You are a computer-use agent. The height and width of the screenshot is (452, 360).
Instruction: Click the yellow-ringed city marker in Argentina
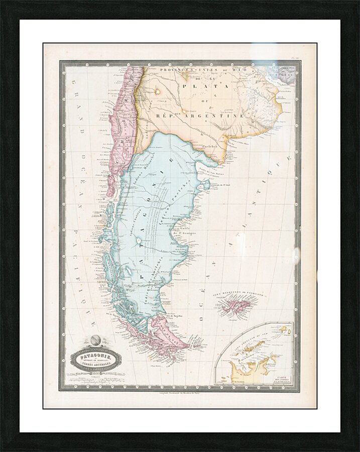pyautogui.click(x=158, y=91)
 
